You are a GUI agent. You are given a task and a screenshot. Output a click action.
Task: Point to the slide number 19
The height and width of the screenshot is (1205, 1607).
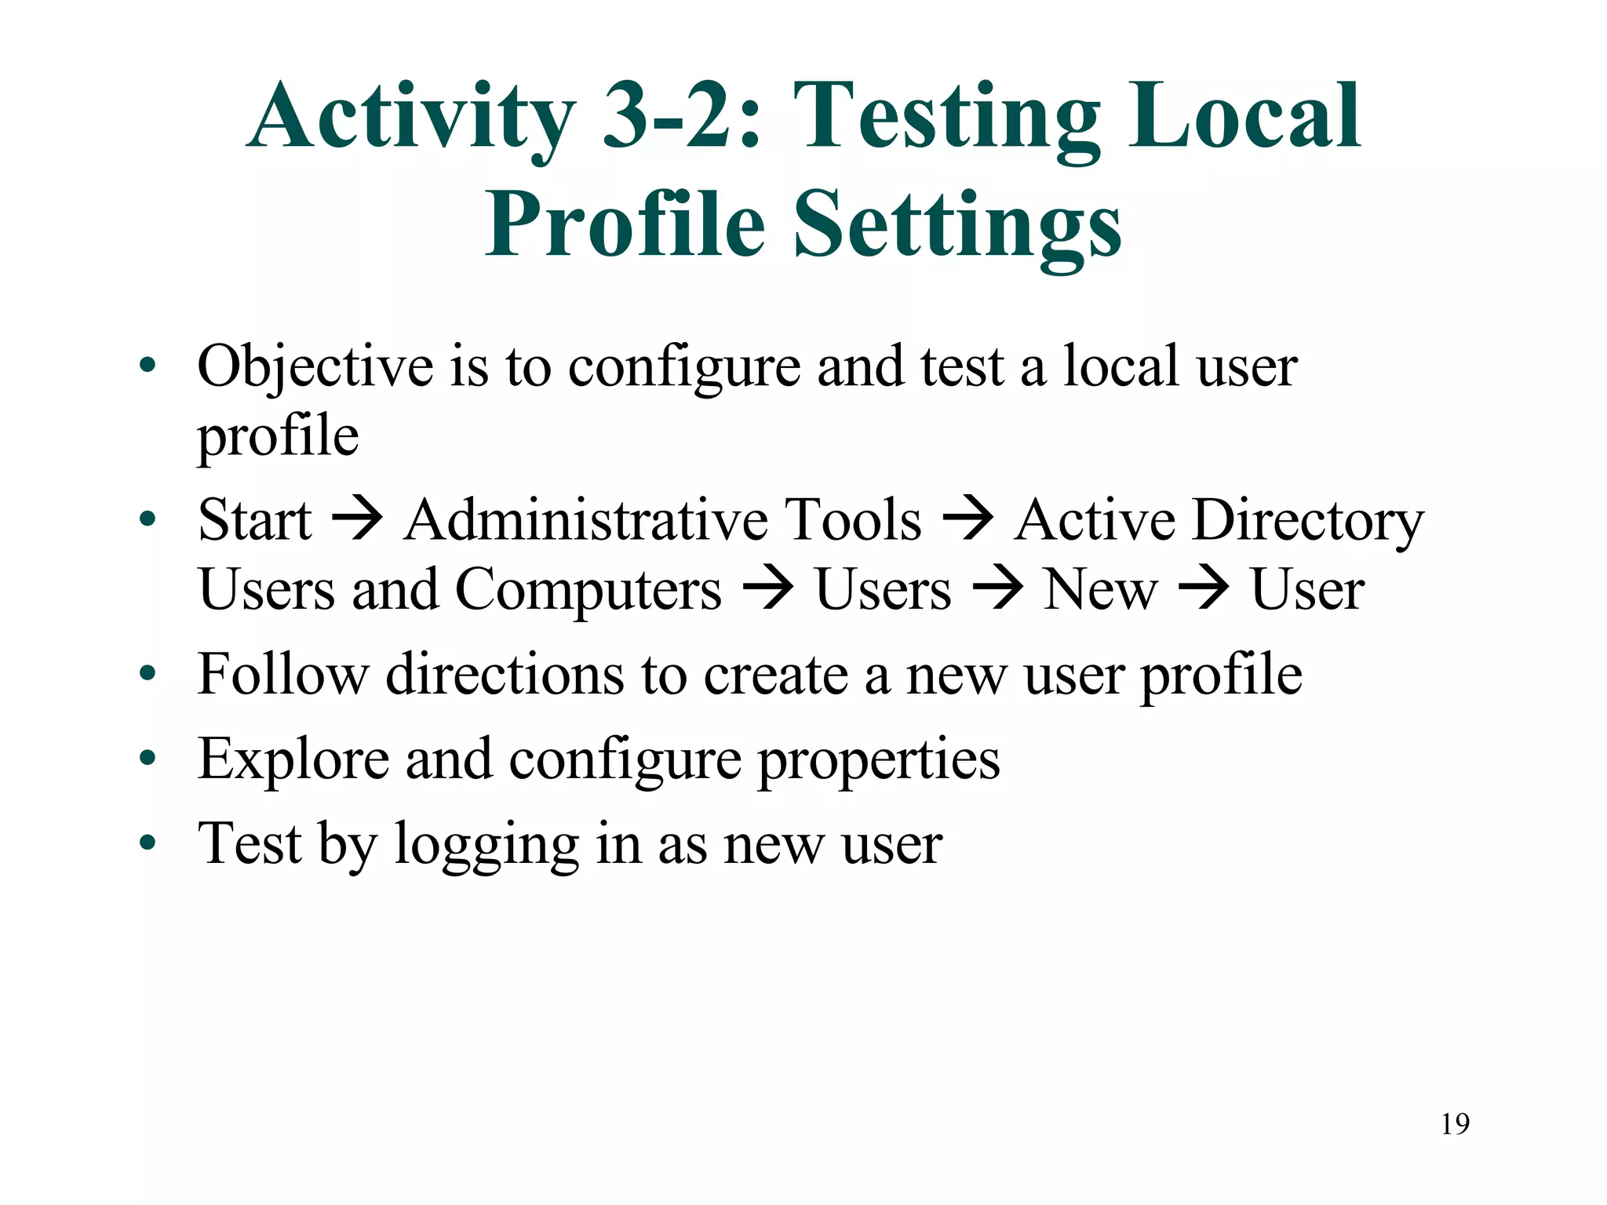[x=1455, y=1124]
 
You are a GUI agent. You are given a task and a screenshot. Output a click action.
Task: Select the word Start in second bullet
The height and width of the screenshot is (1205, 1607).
[x=255, y=520]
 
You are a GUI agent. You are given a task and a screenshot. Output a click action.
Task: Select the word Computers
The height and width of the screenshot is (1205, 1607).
[x=589, y=590]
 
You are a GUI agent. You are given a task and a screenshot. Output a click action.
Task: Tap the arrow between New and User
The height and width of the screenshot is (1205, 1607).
[x=1204, y=588]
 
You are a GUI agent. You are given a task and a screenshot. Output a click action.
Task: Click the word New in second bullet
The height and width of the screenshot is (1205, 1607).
[x=1101, y=590]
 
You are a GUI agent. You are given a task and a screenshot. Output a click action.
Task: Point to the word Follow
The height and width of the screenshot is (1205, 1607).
[x=282, y=674]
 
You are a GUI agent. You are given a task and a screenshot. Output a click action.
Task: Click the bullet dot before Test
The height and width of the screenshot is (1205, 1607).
[x=148, y=843]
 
